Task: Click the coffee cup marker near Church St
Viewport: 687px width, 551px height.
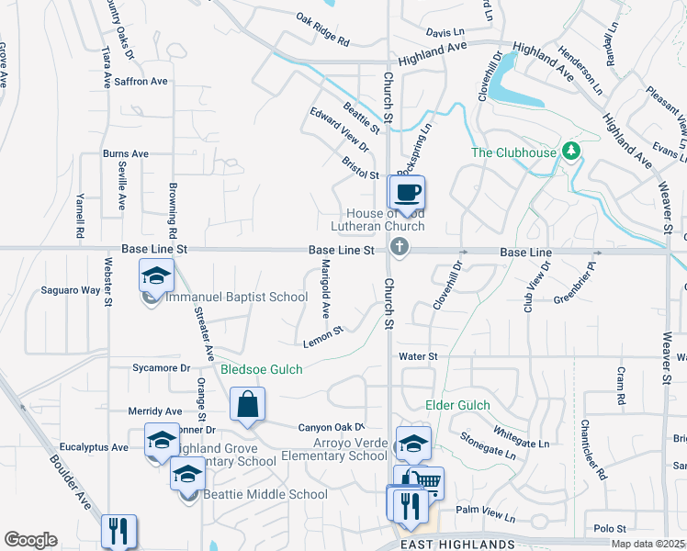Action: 408,193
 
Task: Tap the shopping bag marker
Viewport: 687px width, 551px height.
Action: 247,404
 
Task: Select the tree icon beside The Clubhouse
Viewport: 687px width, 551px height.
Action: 572,151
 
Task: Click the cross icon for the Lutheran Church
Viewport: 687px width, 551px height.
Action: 398,246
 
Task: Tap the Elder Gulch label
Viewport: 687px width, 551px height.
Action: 457,405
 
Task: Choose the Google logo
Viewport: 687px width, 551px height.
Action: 30,540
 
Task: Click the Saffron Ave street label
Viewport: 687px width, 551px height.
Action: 141,82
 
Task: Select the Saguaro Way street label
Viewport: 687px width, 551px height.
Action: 70,290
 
